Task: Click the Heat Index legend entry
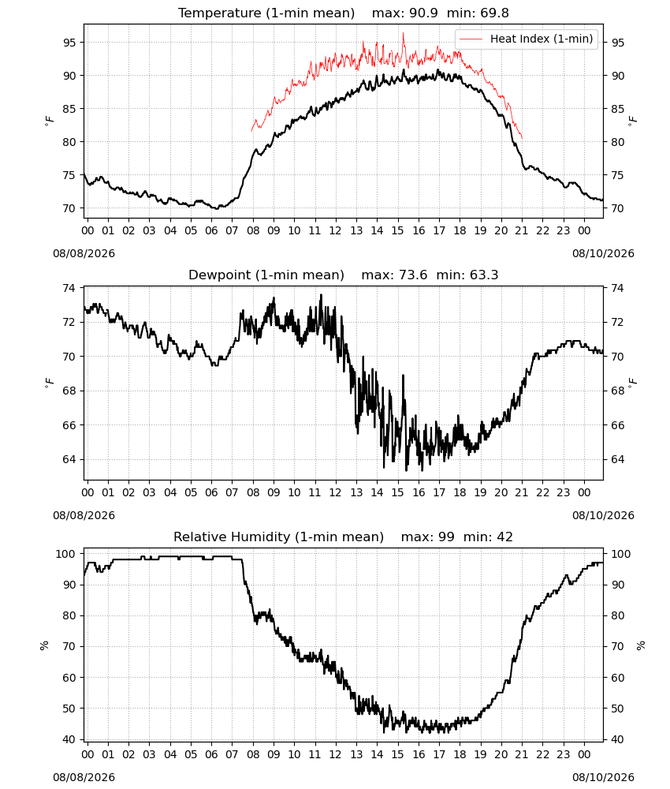coord(527,39)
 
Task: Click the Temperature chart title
coord(344,13)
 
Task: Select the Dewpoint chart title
coord(344,275)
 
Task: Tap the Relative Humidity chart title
coord(344,537)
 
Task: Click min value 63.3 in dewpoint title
coord(484,275)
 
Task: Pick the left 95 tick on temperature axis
coord(70,43)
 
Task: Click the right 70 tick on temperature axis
coord(617,208)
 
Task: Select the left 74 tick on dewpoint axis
coord(70,288)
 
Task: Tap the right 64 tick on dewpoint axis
coord(617,459)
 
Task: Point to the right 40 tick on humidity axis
coord(617,740)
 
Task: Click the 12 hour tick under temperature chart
coord(335,230)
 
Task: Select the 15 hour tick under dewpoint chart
coord(397,492)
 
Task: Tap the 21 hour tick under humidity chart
coord(522,755)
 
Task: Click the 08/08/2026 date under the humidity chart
coord(84,777)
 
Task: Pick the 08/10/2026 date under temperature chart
coord(603,253)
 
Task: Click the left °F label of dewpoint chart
coord(49,383)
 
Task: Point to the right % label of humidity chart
coord(641,645)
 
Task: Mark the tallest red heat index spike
coord(403,34)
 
